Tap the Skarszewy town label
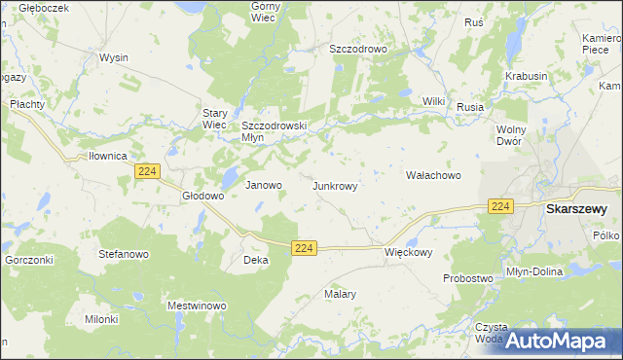(x=576, y=208)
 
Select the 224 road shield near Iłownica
(x=147, y=171)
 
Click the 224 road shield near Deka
(x=304, y=249)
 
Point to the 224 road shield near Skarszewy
(x=500, y=206)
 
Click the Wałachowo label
(x=432, y=175)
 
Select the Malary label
(x=340, y=293)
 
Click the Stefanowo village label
(x=123, y=253)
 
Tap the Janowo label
(x=263, y=185)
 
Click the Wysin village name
(x=113, y=57)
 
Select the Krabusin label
(x=527, y=76)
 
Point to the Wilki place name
(x=433, y=101)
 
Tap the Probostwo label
(x=468, y=278)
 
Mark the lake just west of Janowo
(x=230, y=177)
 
